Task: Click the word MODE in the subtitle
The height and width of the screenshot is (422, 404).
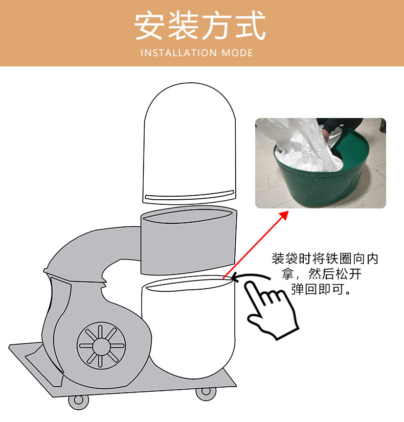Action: coord(237,53)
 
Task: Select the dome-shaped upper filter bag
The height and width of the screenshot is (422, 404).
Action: coord(189,138)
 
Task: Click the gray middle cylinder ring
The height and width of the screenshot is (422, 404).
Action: coord(189,240)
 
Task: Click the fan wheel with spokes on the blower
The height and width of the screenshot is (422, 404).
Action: coord(101,345)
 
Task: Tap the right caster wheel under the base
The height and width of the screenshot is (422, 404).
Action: coord(206,392)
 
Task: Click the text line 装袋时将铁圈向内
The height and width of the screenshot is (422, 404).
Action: coord(325,259)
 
